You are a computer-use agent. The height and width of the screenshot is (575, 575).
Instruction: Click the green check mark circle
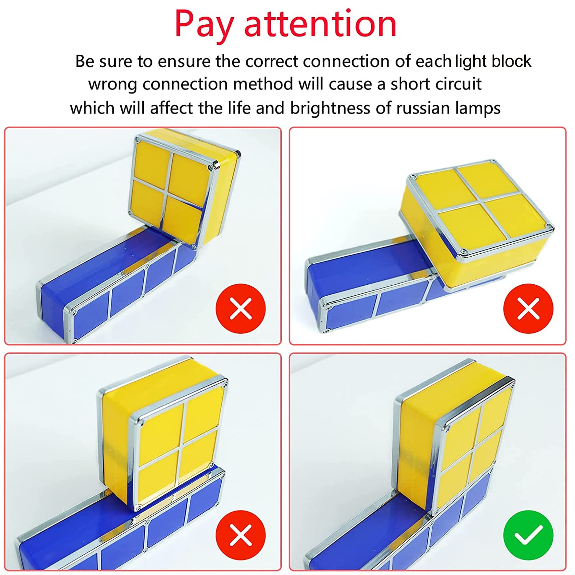pyautogui.click(x=528, y=535)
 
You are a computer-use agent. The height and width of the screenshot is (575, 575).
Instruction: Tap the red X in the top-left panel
pyautogui.click(x=240, y=308)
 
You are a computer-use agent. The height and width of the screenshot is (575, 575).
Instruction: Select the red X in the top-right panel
pyautogui.click(x=528, y=308)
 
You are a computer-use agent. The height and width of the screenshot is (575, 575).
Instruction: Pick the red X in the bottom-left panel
pyautogui.click(x=240, y=535)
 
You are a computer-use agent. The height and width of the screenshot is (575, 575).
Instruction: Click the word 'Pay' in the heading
pyautogui.click(x=204, y=24)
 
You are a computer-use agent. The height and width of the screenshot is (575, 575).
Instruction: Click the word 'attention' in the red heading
pyautogui.click(x=320, y=24)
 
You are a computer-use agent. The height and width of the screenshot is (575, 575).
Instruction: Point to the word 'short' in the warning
pyautogui.click(x=410, y=84)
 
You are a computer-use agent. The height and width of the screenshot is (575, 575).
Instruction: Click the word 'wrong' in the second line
pyautogui.click(x=112, y=84)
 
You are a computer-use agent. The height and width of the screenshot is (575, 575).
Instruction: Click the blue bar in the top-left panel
pyautogui.click(x=108, y=287)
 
